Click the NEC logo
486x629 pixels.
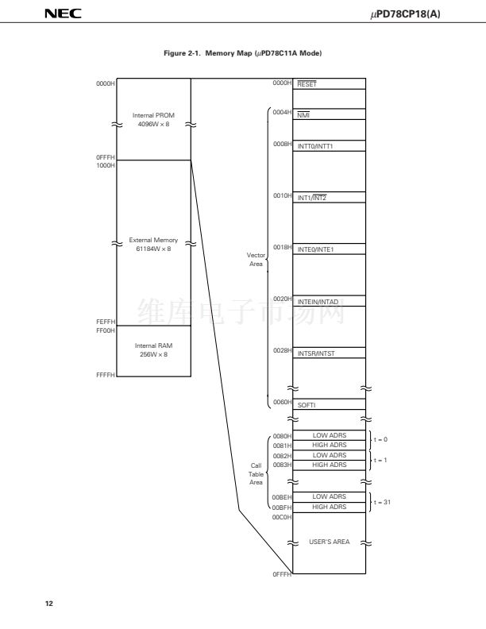click(63, 14)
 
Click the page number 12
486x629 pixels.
click(49, 604)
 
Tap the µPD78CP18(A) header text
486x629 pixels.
click(405, 14)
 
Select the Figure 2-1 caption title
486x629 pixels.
click(242, 53)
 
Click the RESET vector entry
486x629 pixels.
click(307, 84)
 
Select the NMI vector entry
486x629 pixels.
click(303, 115)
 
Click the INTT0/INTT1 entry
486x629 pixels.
click(315, 146)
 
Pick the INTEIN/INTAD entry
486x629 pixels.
click(318, 302)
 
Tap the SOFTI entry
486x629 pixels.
click(307, 405)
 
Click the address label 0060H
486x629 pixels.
click(282, 402)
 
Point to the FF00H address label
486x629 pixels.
click(106, 330)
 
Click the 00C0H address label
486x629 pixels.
click(282, 517)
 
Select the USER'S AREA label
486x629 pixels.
click(330, 542)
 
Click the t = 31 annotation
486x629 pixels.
click(382, 502)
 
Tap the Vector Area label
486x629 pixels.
click(256, 260)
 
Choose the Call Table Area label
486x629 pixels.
click(256, 474)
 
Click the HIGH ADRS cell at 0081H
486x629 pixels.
click(330, 445)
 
